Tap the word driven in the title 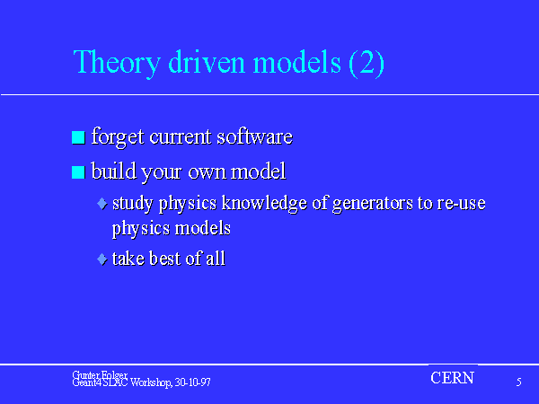coord(207,62)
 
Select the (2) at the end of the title coord(367,64)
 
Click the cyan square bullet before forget coord(78,137)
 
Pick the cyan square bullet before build coord(78,172)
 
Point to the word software coord(255,136)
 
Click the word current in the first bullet coord(181,137)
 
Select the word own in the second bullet coord(207,173)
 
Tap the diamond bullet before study coord(102,204)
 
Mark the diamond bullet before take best coord(102,259)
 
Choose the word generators coord(373,204)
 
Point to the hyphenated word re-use coord(462,204)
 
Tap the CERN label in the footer coord(453,378)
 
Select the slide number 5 coord(518,382)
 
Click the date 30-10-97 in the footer coord(192,382)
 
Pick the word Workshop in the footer coord(151,382)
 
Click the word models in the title coord(297,62)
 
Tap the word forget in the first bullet coord(118,137)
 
